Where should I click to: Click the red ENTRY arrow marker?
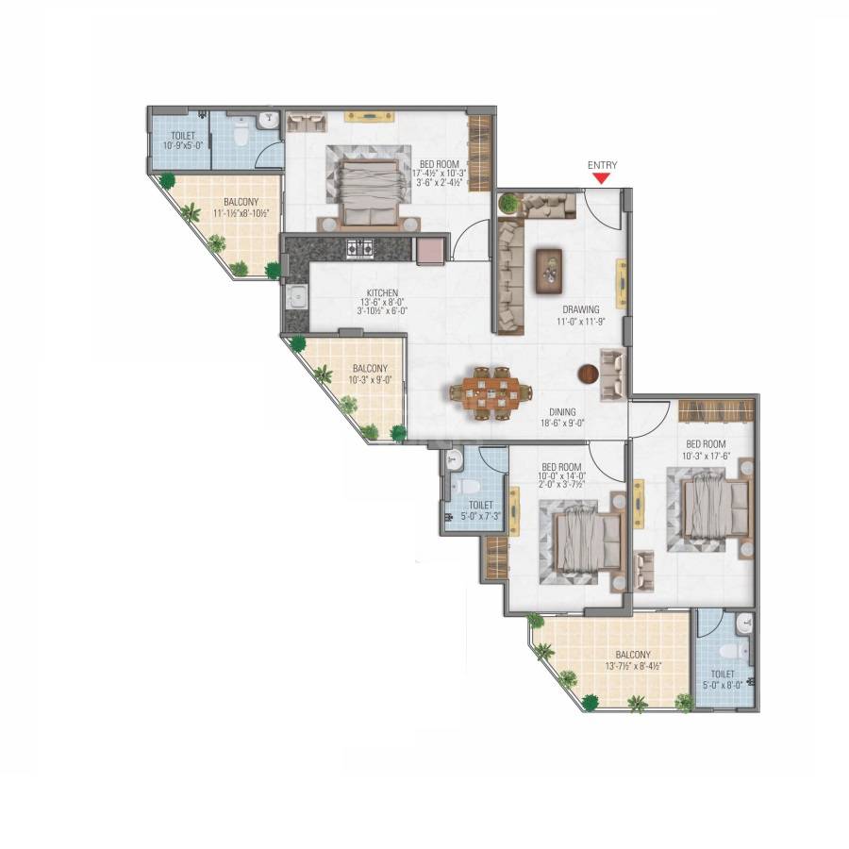[602, 176]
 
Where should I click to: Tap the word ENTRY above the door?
[602, 165]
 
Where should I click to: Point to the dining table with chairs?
[491, 394]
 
